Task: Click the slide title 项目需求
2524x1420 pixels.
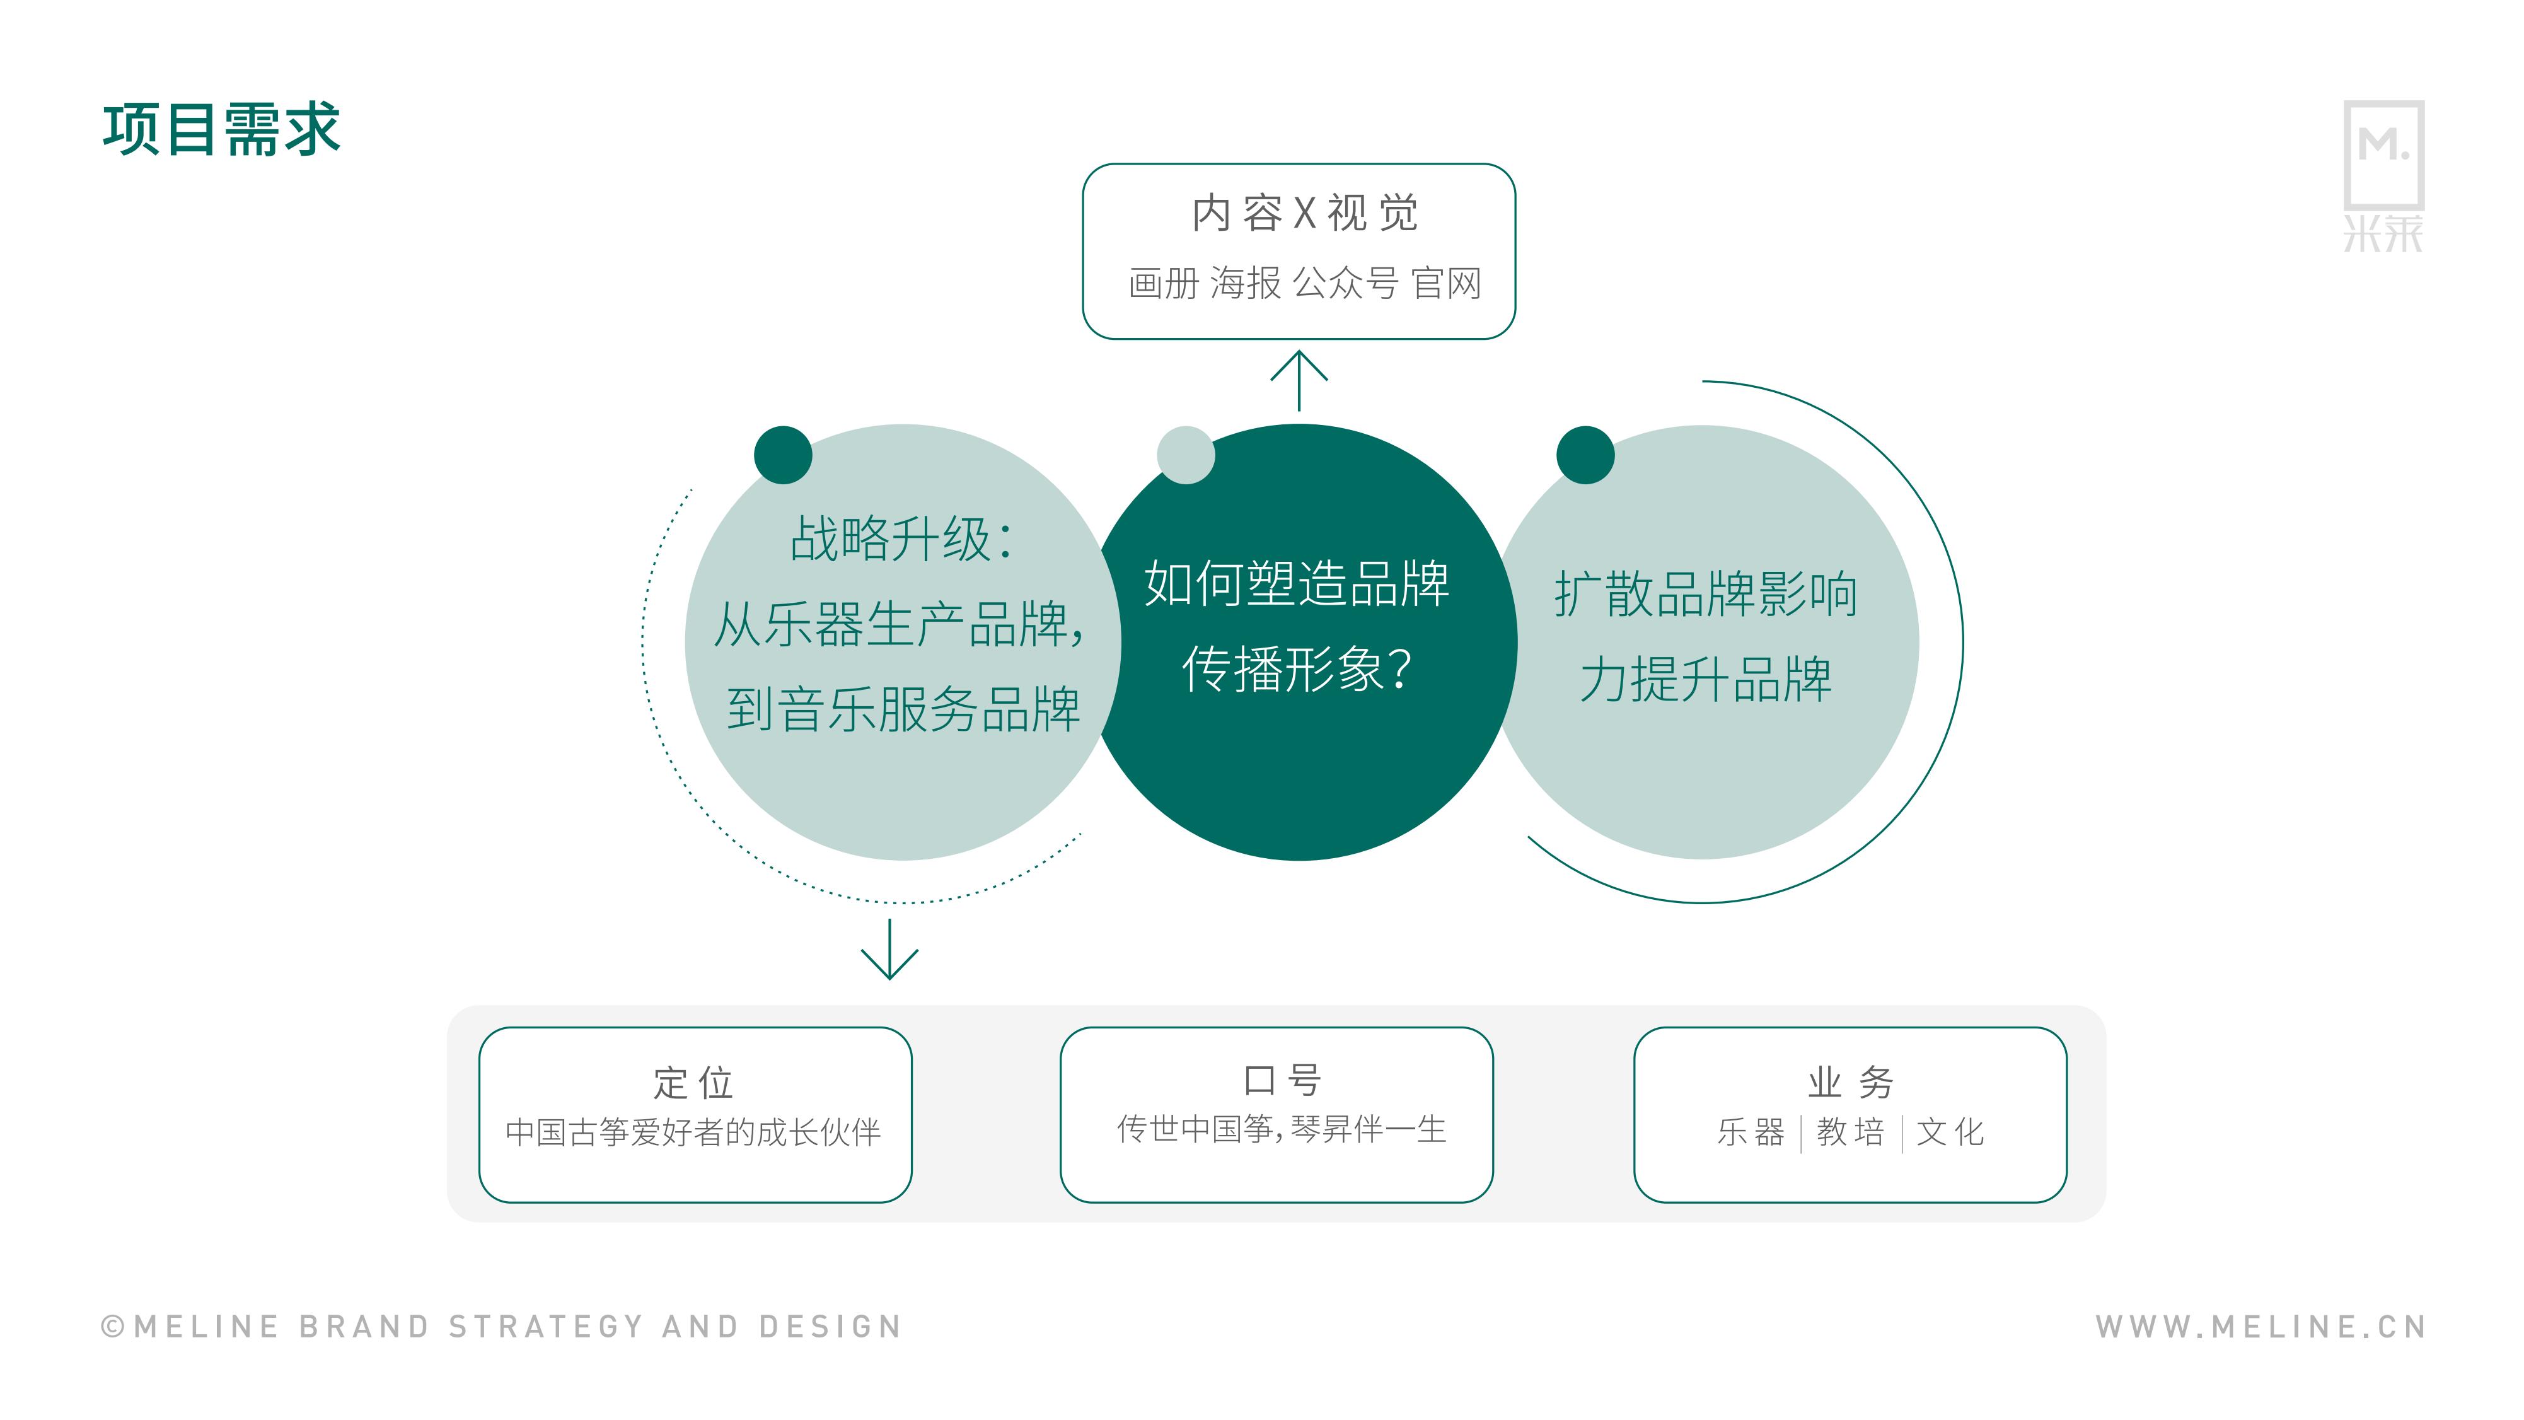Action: point(221,129)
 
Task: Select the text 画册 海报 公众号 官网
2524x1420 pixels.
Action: point(1304,283)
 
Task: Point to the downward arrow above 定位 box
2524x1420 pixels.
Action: point(889,948)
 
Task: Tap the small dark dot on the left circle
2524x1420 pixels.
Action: point(783,455)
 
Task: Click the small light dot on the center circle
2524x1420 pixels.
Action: point(1186,455)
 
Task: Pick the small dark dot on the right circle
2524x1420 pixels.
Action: point(1585,455)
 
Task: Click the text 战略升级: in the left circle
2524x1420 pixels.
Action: point(901,539)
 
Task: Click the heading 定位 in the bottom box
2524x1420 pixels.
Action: point(693,1083)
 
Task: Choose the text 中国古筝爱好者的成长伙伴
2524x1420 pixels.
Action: point(693,1132)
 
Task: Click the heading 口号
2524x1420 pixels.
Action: point(1282,1080)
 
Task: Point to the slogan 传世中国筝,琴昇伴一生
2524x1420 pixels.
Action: point(1282,1129)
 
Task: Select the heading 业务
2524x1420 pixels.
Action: point(1851,1082)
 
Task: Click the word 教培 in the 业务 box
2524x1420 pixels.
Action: point(1851,1132)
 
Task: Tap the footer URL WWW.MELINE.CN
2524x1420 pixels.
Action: point(2261,1326)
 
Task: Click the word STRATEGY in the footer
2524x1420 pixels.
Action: point(546,1326)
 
